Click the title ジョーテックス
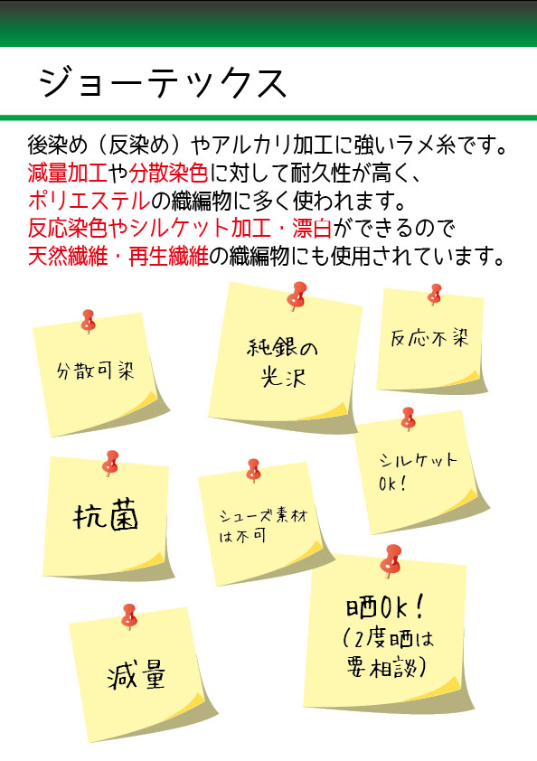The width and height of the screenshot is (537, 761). click(163, 82)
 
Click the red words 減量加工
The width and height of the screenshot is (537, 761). click(68, 173)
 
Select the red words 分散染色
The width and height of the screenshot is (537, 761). click(168, 173)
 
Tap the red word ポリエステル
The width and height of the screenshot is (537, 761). click(89, 201)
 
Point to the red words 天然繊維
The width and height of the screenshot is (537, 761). click(68, 256)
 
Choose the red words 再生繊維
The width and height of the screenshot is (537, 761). click(168, 256)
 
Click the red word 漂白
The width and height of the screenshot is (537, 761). click(312, 228)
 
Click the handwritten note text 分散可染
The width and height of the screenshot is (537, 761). click(95, 371)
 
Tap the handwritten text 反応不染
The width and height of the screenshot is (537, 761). click(429, 338)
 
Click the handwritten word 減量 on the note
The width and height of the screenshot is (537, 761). click(137, 674)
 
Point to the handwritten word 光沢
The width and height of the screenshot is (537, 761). click(284, 375)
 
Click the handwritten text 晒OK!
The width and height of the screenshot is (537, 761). click(385, 606)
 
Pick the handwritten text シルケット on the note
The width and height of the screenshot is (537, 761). click(418, 460)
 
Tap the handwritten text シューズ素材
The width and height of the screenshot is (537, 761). click(264, 514)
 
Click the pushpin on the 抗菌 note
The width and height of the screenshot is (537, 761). click(110, 463)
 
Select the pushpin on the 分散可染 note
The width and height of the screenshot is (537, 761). click(88, 321)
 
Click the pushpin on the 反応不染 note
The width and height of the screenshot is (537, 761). click(435, 294)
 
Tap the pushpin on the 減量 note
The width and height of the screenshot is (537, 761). click(128, 616)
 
